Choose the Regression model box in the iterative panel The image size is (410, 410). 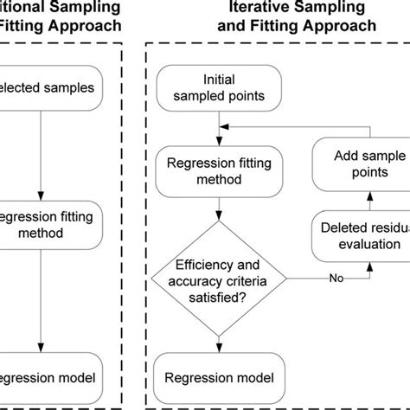[x=218, y=377]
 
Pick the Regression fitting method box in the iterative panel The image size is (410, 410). [x=218, y=171]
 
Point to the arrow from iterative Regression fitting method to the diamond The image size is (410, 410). [x=218, y=207]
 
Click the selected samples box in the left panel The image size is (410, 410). [x=52, y=87]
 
